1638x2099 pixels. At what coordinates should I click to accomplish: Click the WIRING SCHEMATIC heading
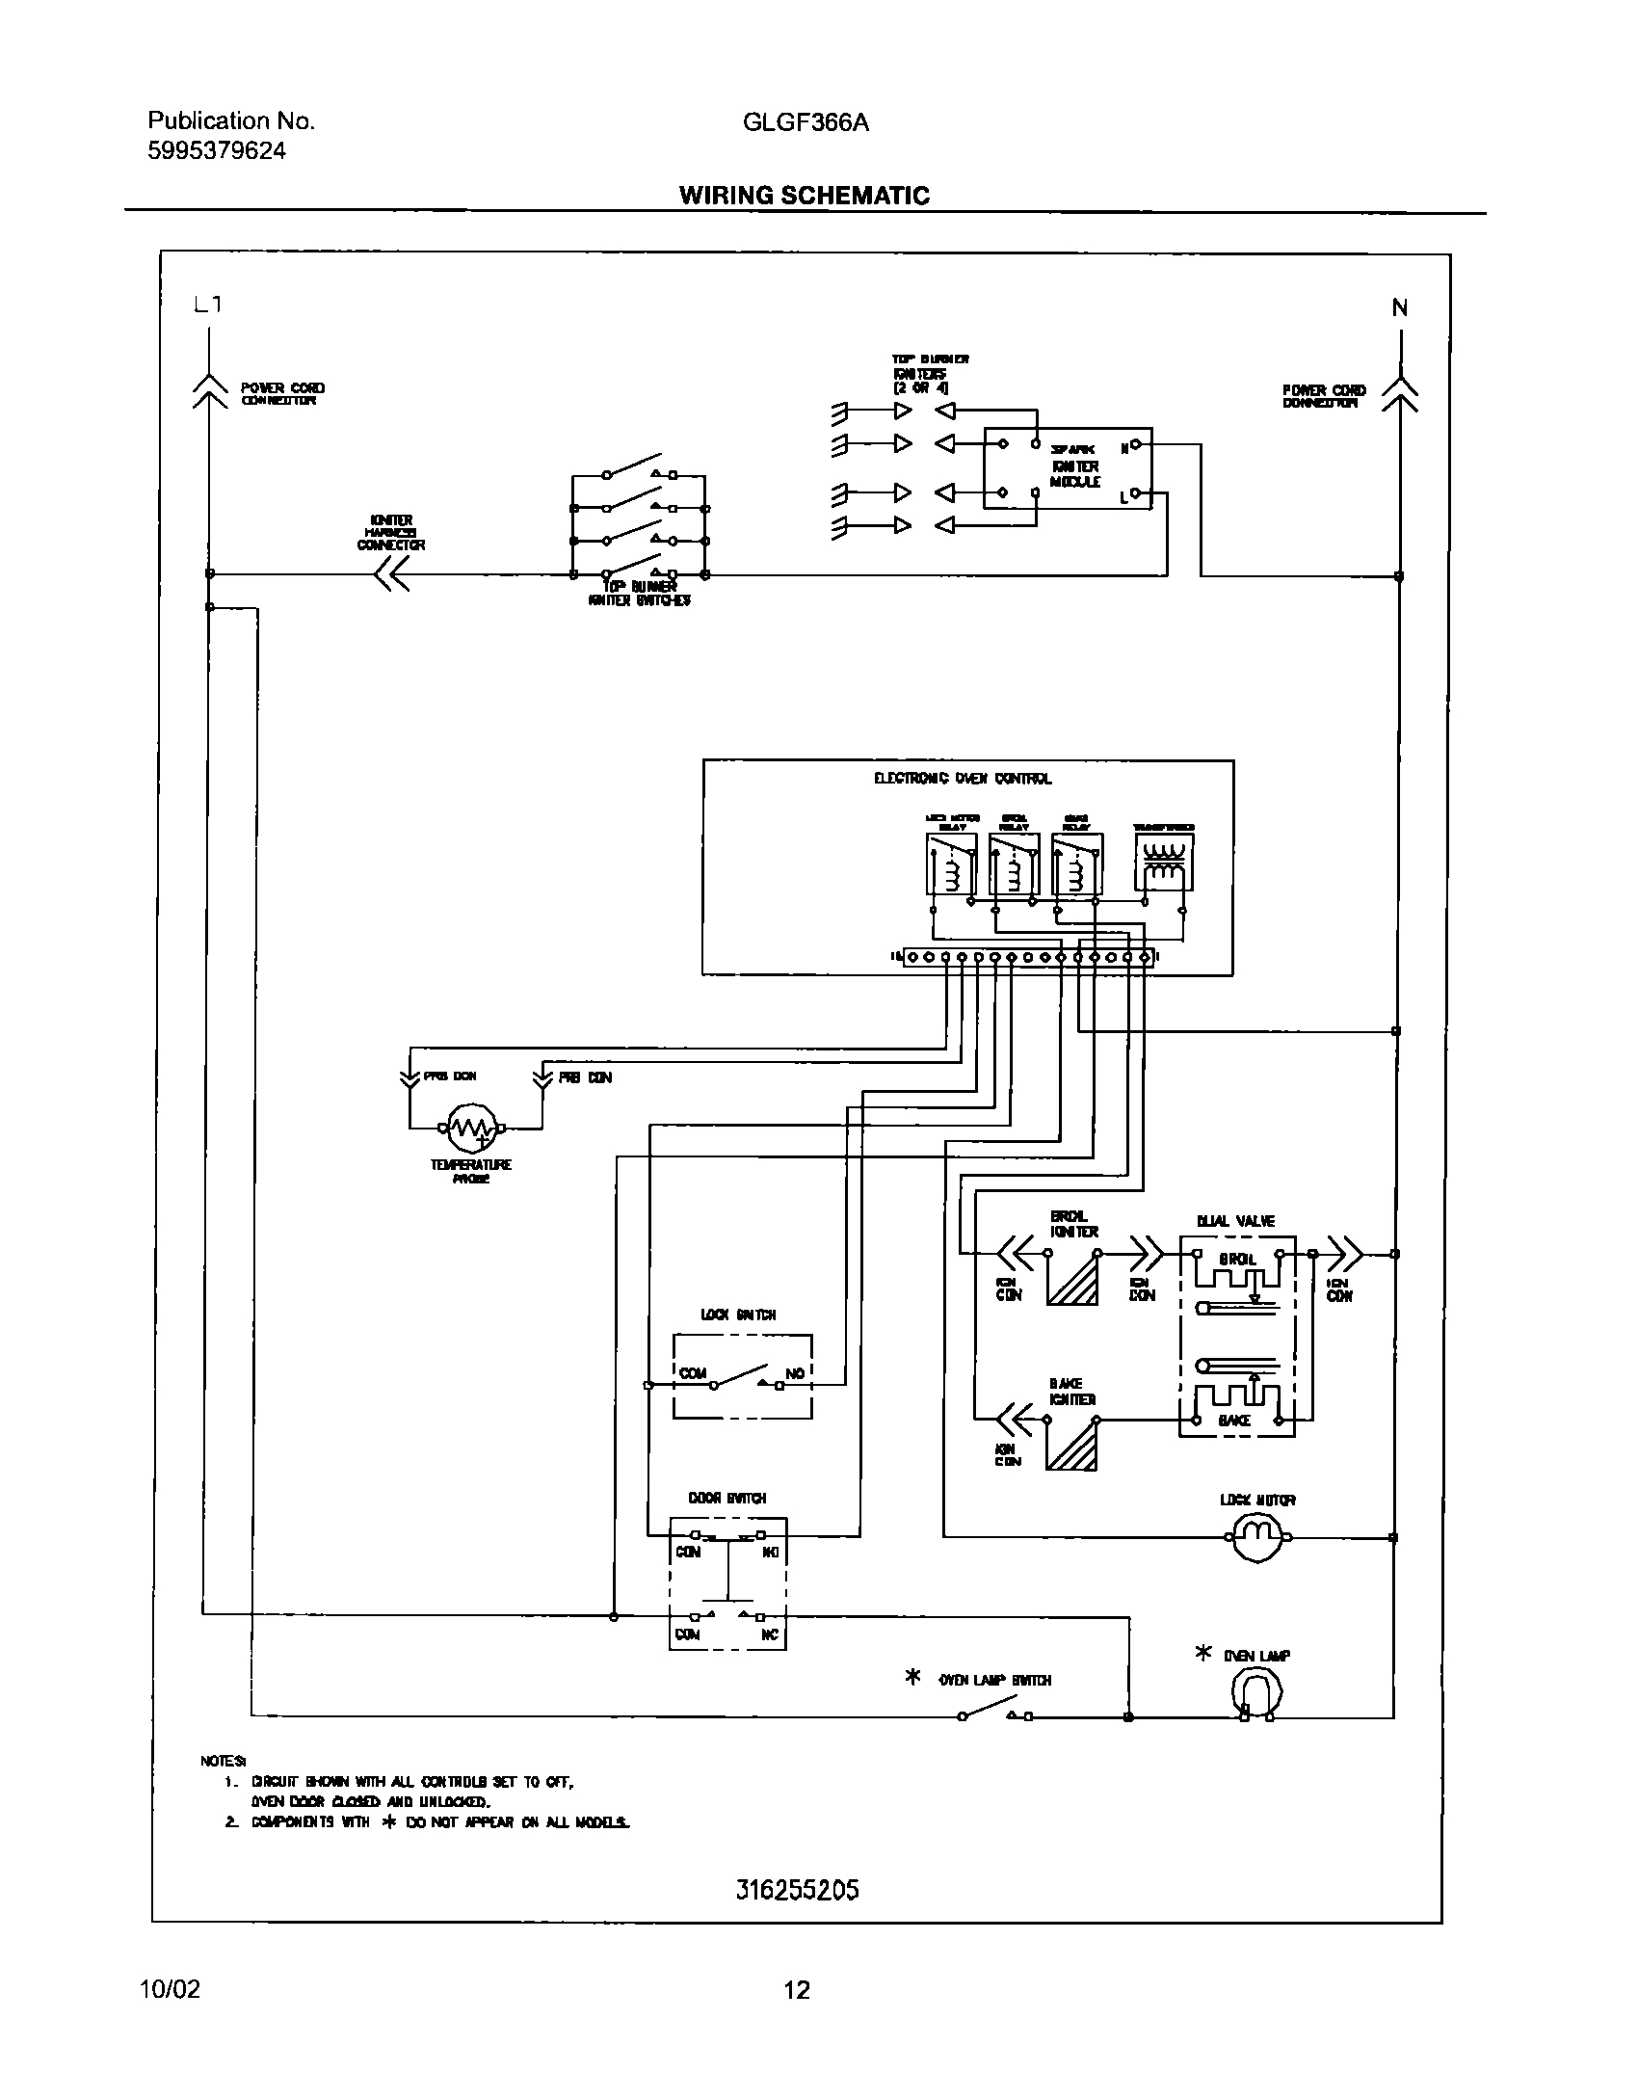click(804, 196)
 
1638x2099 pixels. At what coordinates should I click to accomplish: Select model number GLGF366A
click(806, 122)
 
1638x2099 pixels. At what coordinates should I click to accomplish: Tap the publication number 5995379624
click(217, 151)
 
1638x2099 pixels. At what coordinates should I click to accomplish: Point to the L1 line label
click(207, 305)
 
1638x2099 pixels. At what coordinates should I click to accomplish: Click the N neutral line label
click(1399, 308)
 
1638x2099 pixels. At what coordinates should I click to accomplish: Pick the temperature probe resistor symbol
click(471, 1128)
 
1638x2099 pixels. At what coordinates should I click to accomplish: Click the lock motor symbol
click(1257, 1537)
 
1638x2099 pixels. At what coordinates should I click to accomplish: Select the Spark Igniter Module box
click(1068, 469)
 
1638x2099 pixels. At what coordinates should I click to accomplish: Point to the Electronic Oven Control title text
click(963, 779)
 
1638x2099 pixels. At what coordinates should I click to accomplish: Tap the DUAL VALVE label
click(1235, 1221)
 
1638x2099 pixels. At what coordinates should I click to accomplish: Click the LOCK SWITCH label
click(737, 1315)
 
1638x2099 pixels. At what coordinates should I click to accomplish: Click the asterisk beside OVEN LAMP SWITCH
click(912, 1678)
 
